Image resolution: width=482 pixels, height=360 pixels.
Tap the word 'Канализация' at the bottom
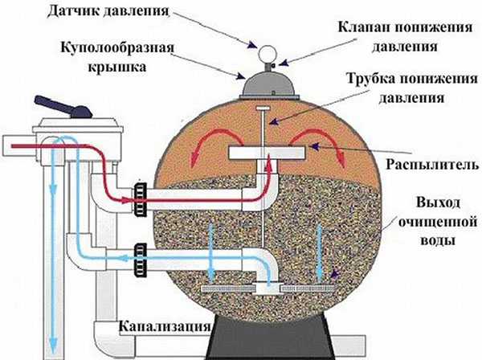pyautogui.click(x=164, y=327)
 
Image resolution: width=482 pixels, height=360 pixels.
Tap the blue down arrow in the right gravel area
pyautogui.click(x=322, y=250)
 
